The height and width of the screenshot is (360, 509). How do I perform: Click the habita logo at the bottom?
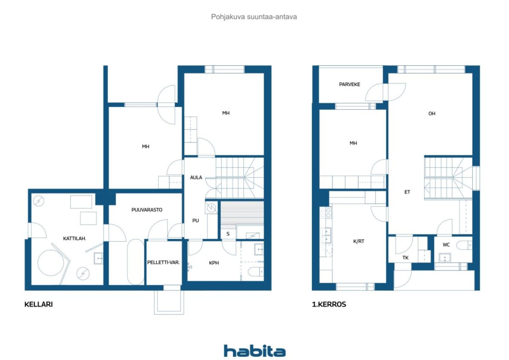tap(254, 351)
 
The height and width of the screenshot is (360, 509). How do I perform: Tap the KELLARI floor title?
tap(39, 305)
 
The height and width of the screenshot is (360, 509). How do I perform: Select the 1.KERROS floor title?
tap(329, 305)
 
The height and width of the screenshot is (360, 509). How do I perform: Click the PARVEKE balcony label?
tap(350, 84)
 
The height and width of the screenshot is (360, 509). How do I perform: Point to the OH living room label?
tap(432, 113)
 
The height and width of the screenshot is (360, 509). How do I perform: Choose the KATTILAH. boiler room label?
tap(74, 239)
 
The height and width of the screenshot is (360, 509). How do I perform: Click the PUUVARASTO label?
tap(147, 210)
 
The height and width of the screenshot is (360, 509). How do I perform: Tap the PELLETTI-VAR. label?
tap(163, 263)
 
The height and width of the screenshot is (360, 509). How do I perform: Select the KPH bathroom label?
tap(214, 263)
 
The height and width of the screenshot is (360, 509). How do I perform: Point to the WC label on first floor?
tap(446, 245)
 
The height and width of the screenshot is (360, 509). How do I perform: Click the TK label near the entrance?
tap(405, 258)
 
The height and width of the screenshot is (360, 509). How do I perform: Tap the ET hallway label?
tap(407, 192)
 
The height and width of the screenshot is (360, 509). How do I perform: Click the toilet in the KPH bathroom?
tap(255, 272)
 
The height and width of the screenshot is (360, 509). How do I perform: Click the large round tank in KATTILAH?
tap(51, 263)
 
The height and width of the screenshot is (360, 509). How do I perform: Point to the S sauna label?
tap(228, 234)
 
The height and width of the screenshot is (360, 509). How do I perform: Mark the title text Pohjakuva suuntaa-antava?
tap(254, 17)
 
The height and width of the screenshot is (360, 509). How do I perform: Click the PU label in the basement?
tap(196, 221)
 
